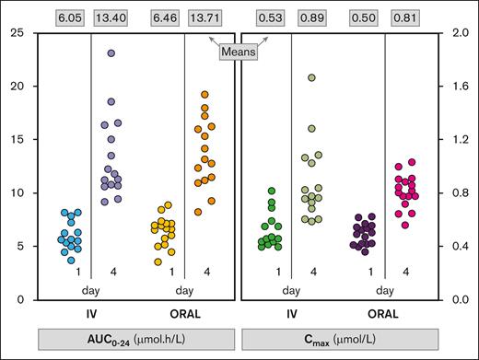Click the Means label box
point(239,52)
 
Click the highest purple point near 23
point(111,54)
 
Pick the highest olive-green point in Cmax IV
point(312,78)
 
